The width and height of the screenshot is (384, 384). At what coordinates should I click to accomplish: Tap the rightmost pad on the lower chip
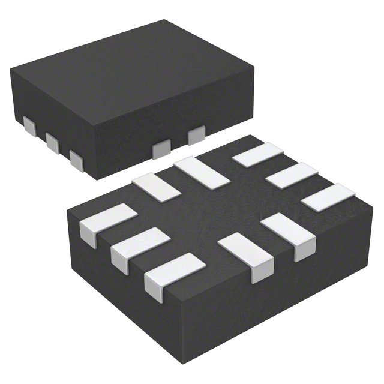tap(328, 197)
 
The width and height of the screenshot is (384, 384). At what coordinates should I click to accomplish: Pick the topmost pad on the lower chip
tap(258, 154)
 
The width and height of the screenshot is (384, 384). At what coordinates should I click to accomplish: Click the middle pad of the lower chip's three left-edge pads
tap(140, 247)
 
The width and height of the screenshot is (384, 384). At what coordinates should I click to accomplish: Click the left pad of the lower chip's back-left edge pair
tap(156, 186)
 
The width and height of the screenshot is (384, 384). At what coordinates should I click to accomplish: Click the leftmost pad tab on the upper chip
tap(29, 126)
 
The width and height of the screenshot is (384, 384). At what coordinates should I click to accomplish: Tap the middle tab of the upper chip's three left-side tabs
tap(52, 142)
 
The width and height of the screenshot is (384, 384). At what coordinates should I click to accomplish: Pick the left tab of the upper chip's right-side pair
tap(161, 150)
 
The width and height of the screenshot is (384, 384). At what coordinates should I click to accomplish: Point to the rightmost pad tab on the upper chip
tap(196, 136)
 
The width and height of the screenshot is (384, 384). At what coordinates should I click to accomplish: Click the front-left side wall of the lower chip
tap(120, 288)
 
